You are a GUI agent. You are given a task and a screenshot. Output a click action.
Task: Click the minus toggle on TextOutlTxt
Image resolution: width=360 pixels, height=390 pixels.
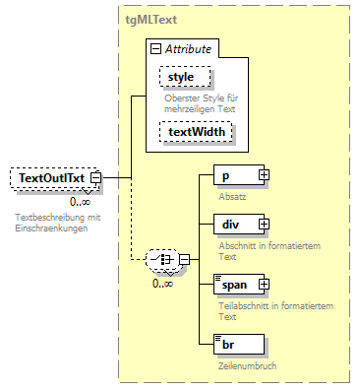point(96,177)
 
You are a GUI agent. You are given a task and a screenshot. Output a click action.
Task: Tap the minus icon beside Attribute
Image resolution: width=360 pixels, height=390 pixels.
point(155,49)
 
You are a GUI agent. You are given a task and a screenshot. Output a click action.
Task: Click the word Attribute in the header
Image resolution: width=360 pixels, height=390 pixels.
point(189,49)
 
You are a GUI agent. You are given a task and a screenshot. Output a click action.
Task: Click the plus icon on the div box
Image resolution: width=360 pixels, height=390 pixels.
point(263,227)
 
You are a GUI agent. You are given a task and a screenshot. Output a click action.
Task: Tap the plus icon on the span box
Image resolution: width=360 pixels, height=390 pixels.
point(263,284)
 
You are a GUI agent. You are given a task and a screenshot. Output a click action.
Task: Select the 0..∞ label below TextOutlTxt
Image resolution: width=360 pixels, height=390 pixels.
point(81,201)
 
